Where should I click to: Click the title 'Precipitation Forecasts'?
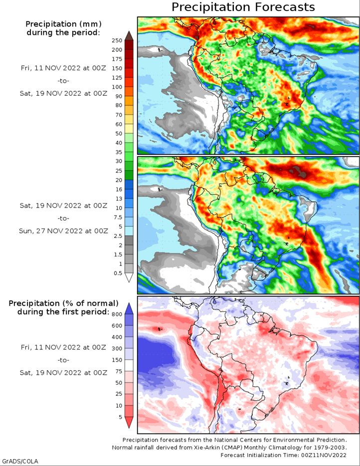click(x=243, y=7)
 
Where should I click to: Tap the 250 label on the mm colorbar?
click(x=117, y=40)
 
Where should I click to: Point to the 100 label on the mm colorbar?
click(x=117, y=87)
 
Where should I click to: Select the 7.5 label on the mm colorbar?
click(x=118, y=217)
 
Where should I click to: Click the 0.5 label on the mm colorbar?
click(x=118, y=273)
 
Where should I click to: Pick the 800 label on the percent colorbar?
click(x=117, y=314)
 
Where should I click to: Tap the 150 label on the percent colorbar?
click(x=117, y=360)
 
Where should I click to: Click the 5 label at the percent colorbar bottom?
click(x=120, y=417)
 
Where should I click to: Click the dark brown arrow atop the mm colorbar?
click(x=129, y=35)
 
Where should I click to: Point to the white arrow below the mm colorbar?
click(x=129, y=277)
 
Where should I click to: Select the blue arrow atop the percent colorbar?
click(x=129, y=308)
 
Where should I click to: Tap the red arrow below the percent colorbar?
click(x=129, y=422)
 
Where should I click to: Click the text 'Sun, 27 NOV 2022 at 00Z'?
click(x=63, y=231)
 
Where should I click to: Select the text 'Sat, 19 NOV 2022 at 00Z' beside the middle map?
click(x=63, y=206)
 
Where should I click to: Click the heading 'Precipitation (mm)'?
click(x=63, y=24)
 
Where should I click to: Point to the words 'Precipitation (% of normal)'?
click(x=63, y=303)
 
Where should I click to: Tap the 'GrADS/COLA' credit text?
click(x=19, y=461)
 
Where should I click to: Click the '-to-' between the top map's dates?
click(x=63, y=80)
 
